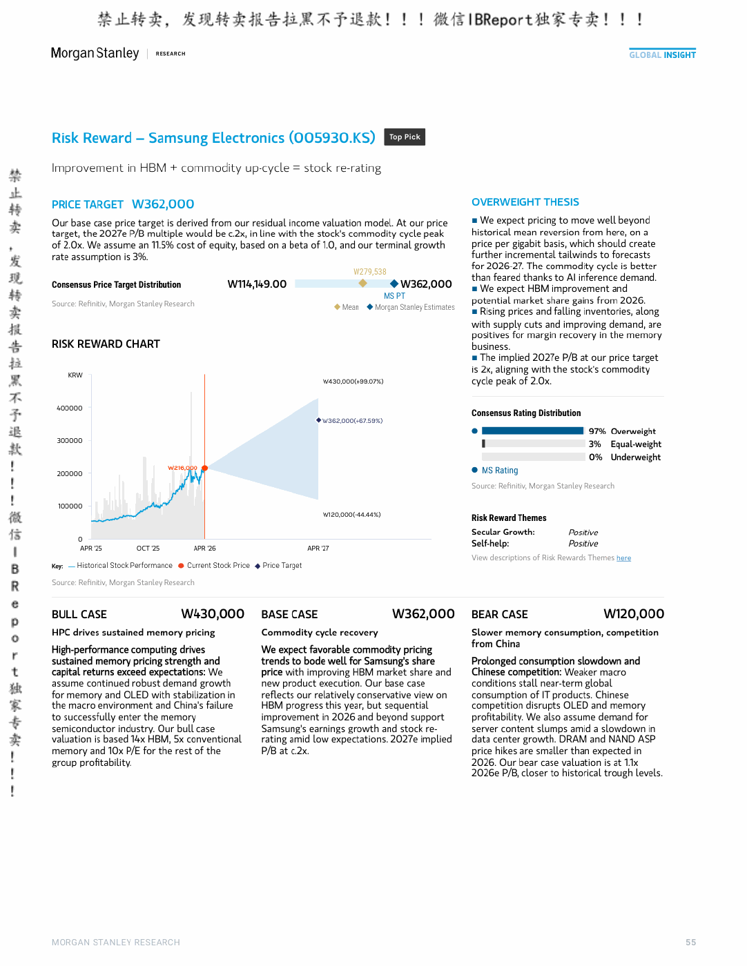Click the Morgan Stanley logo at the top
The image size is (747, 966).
pos(95,53)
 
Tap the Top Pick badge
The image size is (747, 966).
pos(404,137)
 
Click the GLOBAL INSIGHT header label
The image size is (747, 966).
pos(662,55)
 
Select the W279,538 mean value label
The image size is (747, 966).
pos(369,272)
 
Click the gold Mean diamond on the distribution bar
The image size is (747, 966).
pos(363,283)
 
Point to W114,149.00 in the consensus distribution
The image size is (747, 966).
pos(257,284)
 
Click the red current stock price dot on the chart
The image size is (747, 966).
pos(204,468)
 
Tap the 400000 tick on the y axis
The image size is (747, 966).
pos(69,408)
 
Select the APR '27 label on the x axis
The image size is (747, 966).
pos(318,548)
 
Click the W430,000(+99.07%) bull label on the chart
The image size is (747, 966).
pos(353,382)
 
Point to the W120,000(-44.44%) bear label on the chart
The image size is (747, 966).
pos(351,514)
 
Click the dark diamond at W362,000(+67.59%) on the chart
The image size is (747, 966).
pos(318,420)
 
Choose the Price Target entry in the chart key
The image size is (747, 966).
pos(278,566)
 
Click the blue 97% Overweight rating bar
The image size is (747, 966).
pos(532,431)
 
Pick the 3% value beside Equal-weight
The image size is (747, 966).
pos(594,444)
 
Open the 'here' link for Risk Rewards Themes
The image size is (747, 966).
pos(623,558)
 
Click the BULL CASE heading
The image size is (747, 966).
pos(79,614)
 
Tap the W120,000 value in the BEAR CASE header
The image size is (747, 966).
pos(634,614)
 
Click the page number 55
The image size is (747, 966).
pos(690,942)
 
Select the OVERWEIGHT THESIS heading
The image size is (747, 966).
pos(525,201)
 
